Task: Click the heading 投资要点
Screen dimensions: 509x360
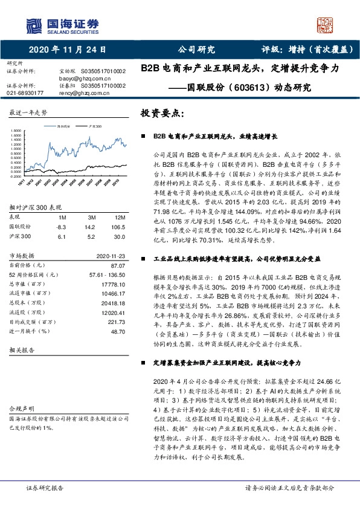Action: point(159,113)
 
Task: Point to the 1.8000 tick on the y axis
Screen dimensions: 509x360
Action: point(16,131)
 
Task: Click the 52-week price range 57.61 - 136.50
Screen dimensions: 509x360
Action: point(107,274)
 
